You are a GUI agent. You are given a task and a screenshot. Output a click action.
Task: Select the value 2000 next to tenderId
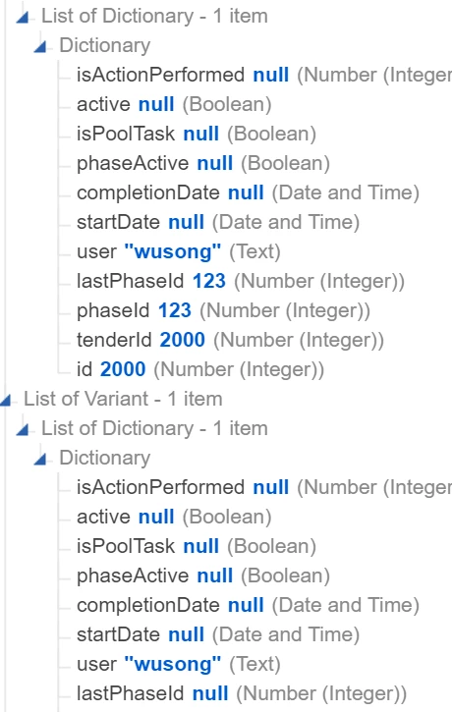(x=182, y=340)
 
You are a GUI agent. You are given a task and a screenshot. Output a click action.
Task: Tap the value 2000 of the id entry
(x=123, y=369)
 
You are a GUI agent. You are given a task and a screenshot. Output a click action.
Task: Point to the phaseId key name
(x=113, y=310)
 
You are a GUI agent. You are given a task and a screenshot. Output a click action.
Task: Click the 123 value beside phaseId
(x=175, y=310)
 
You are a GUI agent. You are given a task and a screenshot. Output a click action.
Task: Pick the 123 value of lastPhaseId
(x=209, y=281)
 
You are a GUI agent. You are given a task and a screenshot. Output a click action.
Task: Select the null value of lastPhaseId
(x=210, y=693)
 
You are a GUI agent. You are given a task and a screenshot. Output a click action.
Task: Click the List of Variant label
(x=85, y=399)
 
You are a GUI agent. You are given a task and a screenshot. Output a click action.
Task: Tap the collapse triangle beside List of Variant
(x=6, y=401)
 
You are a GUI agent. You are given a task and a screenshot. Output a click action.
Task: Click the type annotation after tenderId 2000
(x=299, y=340)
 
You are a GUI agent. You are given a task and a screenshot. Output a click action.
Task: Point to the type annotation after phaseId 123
(x=285, y=310)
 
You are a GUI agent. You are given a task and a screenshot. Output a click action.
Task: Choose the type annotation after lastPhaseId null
(x=321, y=694)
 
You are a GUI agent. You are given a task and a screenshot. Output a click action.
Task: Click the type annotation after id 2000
(x=239, y=369)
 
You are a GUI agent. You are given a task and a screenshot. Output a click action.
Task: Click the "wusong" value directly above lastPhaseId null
(x=173, y=664)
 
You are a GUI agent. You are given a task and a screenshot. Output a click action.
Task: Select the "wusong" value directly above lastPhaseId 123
(x=173, y=251)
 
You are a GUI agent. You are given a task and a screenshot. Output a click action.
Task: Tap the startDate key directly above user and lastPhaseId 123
(x=118, y=222)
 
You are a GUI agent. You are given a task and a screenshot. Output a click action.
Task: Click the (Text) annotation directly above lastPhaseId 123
(x=254, y=252)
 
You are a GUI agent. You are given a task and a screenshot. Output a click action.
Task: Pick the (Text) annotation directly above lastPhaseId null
(x=254, y=664)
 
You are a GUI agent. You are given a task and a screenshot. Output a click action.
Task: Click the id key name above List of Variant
(x=85, y=369)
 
